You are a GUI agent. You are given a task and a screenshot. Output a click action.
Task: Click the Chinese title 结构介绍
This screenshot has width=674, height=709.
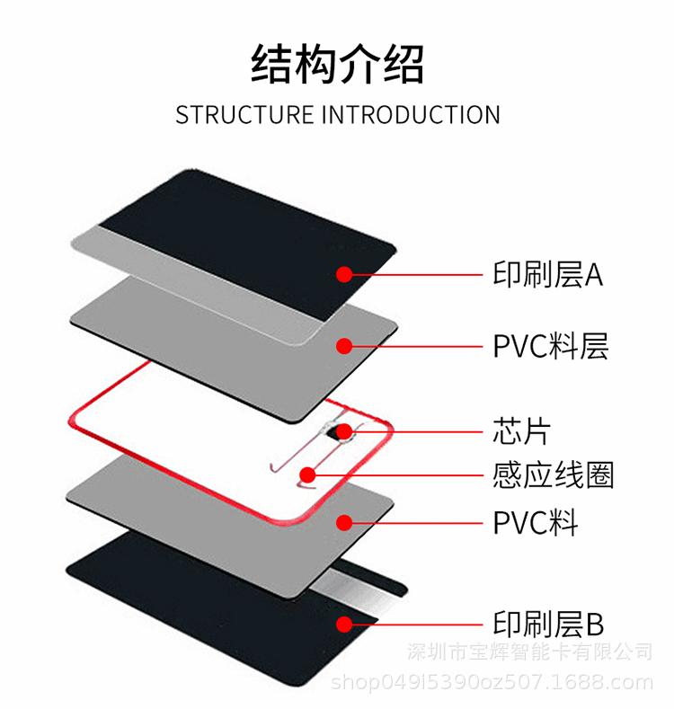pos(337,65)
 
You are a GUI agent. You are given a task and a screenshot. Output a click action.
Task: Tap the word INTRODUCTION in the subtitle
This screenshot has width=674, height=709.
pos(411,115)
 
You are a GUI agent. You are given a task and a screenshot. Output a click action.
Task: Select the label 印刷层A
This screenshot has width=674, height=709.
pos(547,273)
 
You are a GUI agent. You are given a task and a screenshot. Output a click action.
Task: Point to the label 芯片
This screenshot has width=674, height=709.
pos(520,430)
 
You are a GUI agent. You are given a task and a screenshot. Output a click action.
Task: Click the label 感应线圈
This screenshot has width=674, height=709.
pos(553,474)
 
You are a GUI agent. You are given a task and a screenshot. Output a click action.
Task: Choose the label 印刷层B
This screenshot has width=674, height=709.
pos(548,623)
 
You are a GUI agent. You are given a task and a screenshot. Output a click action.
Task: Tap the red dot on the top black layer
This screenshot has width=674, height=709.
pos(343,273)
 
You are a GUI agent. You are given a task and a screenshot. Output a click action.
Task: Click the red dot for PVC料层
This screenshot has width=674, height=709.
pos(343,345)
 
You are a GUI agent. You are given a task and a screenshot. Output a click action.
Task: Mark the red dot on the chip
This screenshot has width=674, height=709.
pos(343,431)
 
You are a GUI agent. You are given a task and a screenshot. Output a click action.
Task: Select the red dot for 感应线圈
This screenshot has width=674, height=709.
pos(308,474)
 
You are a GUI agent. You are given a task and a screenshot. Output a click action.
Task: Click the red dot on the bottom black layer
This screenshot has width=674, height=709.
pos(343,623)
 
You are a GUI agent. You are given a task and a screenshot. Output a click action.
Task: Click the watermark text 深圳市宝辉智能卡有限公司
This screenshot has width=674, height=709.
pos(530,651)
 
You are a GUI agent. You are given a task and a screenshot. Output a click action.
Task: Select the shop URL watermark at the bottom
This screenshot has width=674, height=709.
pos(492,682)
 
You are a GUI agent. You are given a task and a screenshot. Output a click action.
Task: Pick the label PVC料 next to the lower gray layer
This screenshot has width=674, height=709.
pos(535,521)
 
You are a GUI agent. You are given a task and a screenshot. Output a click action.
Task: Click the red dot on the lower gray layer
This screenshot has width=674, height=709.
pos(343,521)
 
